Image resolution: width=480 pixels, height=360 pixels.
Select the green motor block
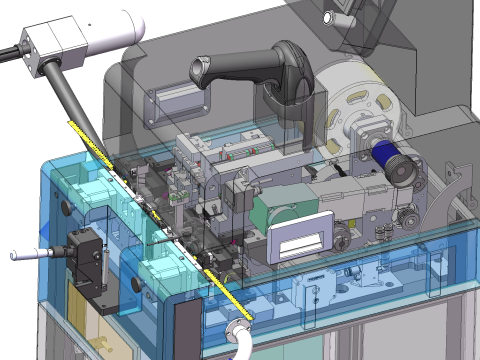point(276,211)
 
